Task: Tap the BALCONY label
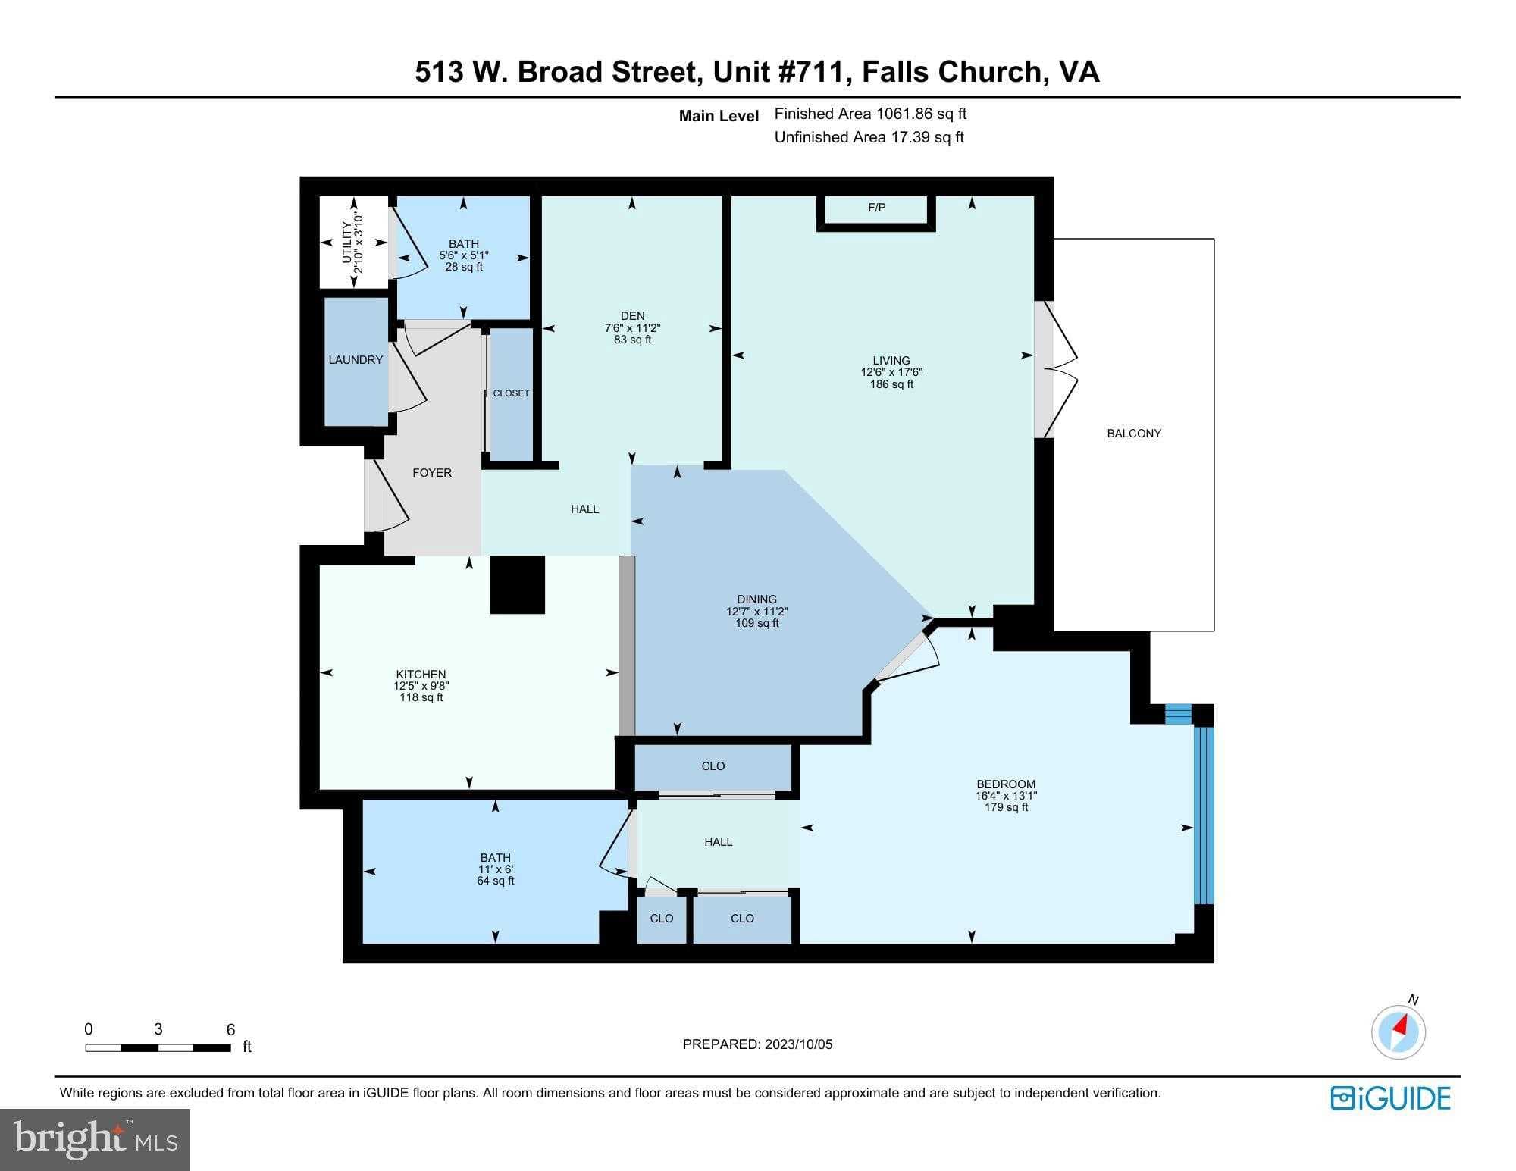point(1134,434)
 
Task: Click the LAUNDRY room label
point(356,360)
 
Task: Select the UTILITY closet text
point(346,243)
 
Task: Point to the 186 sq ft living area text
point(891,384)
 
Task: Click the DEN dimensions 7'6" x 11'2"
point(632,328)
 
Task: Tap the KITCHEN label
point(421,674)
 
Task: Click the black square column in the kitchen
point(518,584)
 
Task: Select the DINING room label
point(756,599)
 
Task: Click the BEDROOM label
point(1006,784)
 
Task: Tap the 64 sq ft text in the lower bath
point(495,881)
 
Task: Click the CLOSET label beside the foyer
point(511,393)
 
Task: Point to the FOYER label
point(432,473)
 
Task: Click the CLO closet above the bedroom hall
point(713,766)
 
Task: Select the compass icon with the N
point(1399,1031)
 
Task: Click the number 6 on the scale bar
point(230,1029)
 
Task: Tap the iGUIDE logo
point(1390,1098)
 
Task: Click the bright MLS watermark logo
point(95,1139)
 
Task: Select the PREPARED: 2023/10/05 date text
point(757,1044)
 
